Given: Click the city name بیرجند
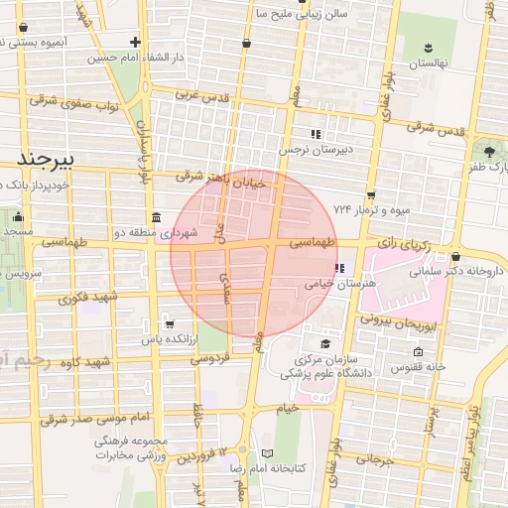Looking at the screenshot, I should (51, 161).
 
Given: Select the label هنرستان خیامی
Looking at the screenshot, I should (332, 284).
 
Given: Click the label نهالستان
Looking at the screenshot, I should (430, 63).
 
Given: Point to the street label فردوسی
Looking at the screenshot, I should (210, 356).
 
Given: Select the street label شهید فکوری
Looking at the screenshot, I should (88, 297).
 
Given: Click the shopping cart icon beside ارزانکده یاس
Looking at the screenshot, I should (170, 324).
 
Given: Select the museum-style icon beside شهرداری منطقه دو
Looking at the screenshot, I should (156, 217).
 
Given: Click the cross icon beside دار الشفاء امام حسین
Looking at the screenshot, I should (136, 42).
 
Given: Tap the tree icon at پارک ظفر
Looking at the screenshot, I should (488, 150).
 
